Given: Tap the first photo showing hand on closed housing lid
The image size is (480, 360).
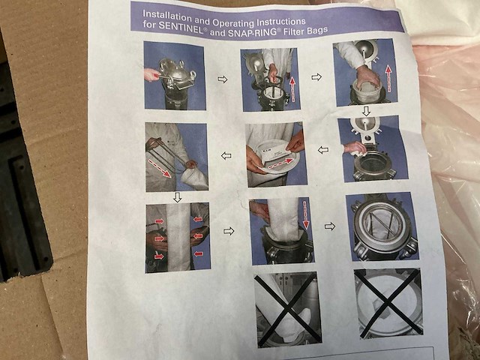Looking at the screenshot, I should click(174, 75).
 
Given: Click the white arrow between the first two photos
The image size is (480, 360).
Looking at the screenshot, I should click(223, 79).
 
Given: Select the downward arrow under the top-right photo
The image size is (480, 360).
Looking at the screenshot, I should click(366, 111).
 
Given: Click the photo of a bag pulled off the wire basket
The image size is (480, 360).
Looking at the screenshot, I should click(176, 157).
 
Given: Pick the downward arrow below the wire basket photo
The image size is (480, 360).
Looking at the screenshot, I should click(178, 197).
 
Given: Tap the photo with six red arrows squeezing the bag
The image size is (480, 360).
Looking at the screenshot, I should click(178, 237).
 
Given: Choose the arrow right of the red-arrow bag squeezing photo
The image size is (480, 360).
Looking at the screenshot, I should click(229, 231).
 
